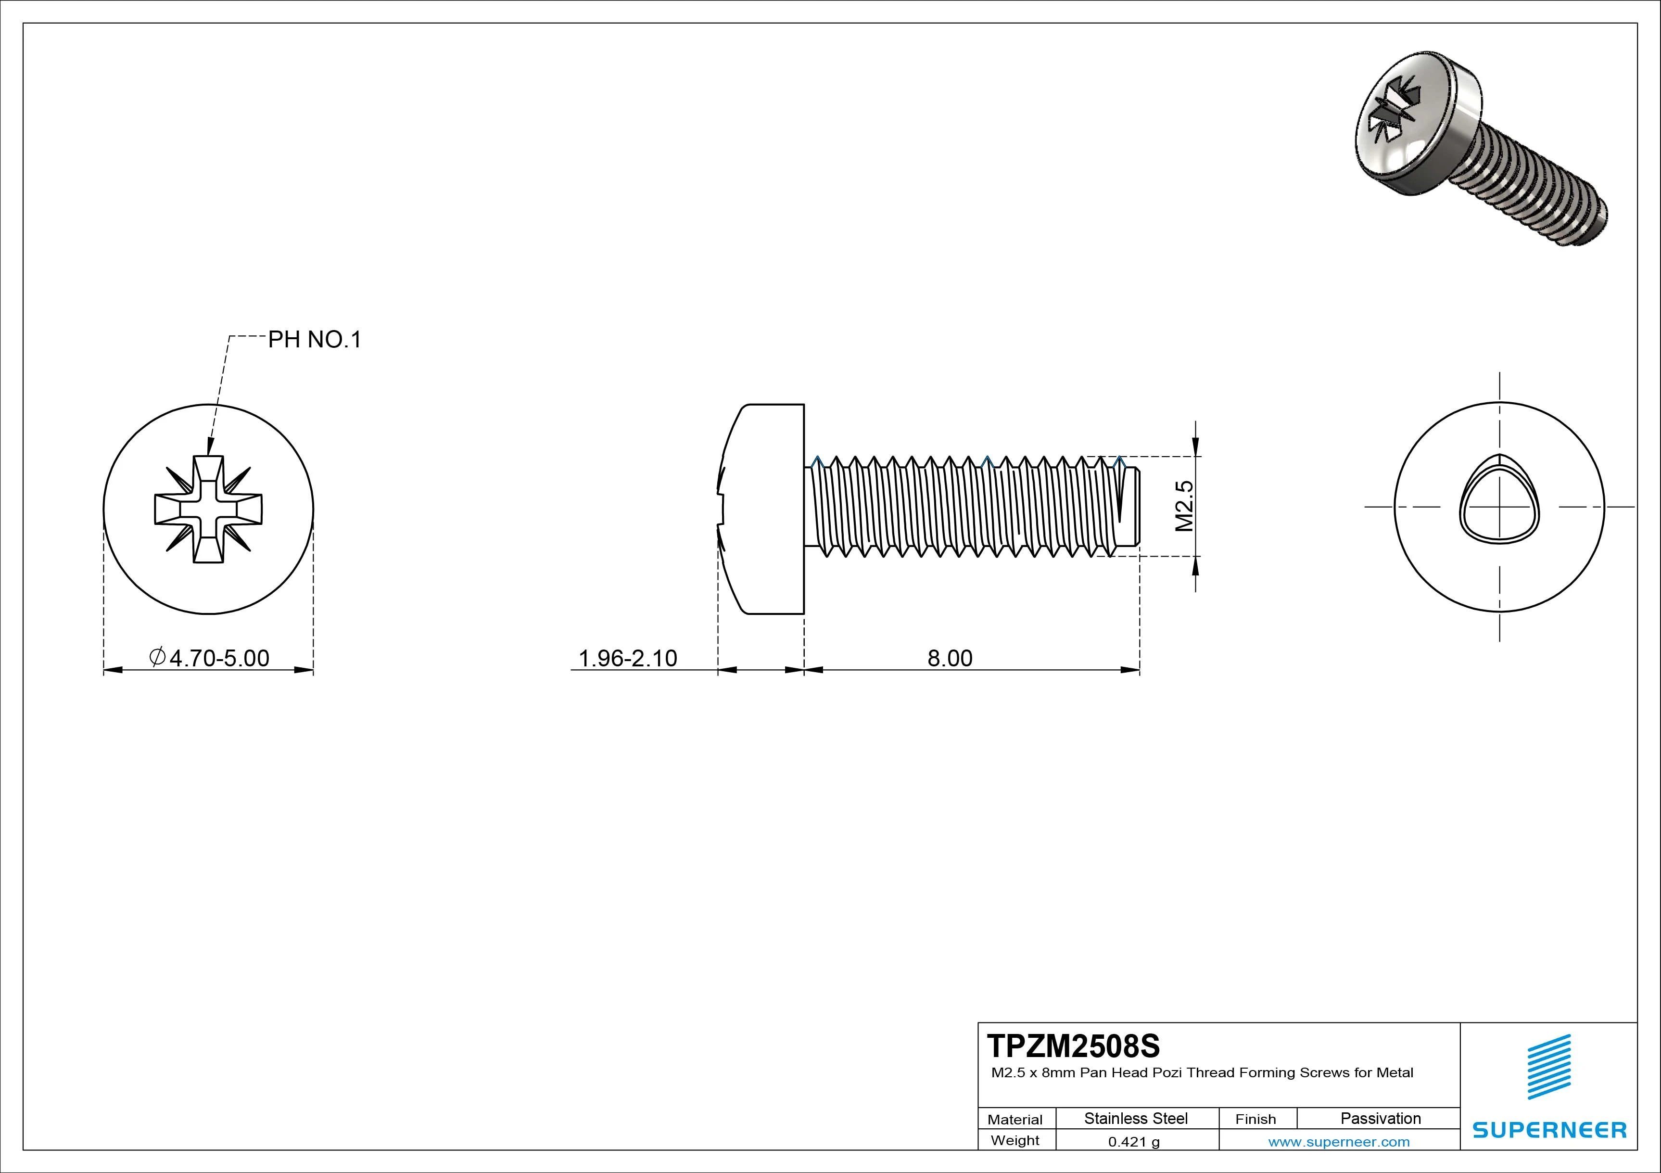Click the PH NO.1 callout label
click(314, 339)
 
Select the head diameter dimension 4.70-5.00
click(210, 658)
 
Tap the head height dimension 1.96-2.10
click(627, 658)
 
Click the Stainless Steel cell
click(1135, 1118)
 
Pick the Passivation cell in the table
click(1380, 1118)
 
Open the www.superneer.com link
click(1338, 1142)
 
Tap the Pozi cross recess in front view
click(208, 510)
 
